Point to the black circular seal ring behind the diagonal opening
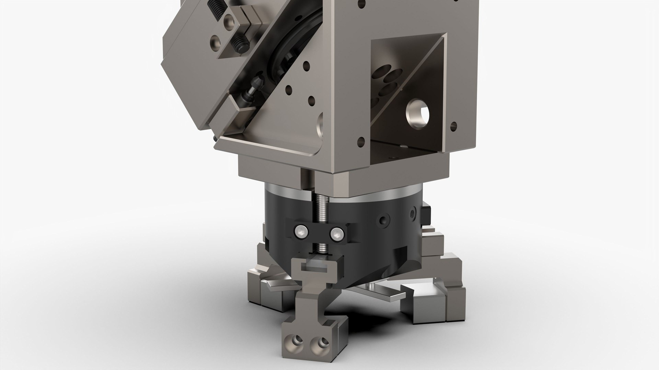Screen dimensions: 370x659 (x=295, y=45)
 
